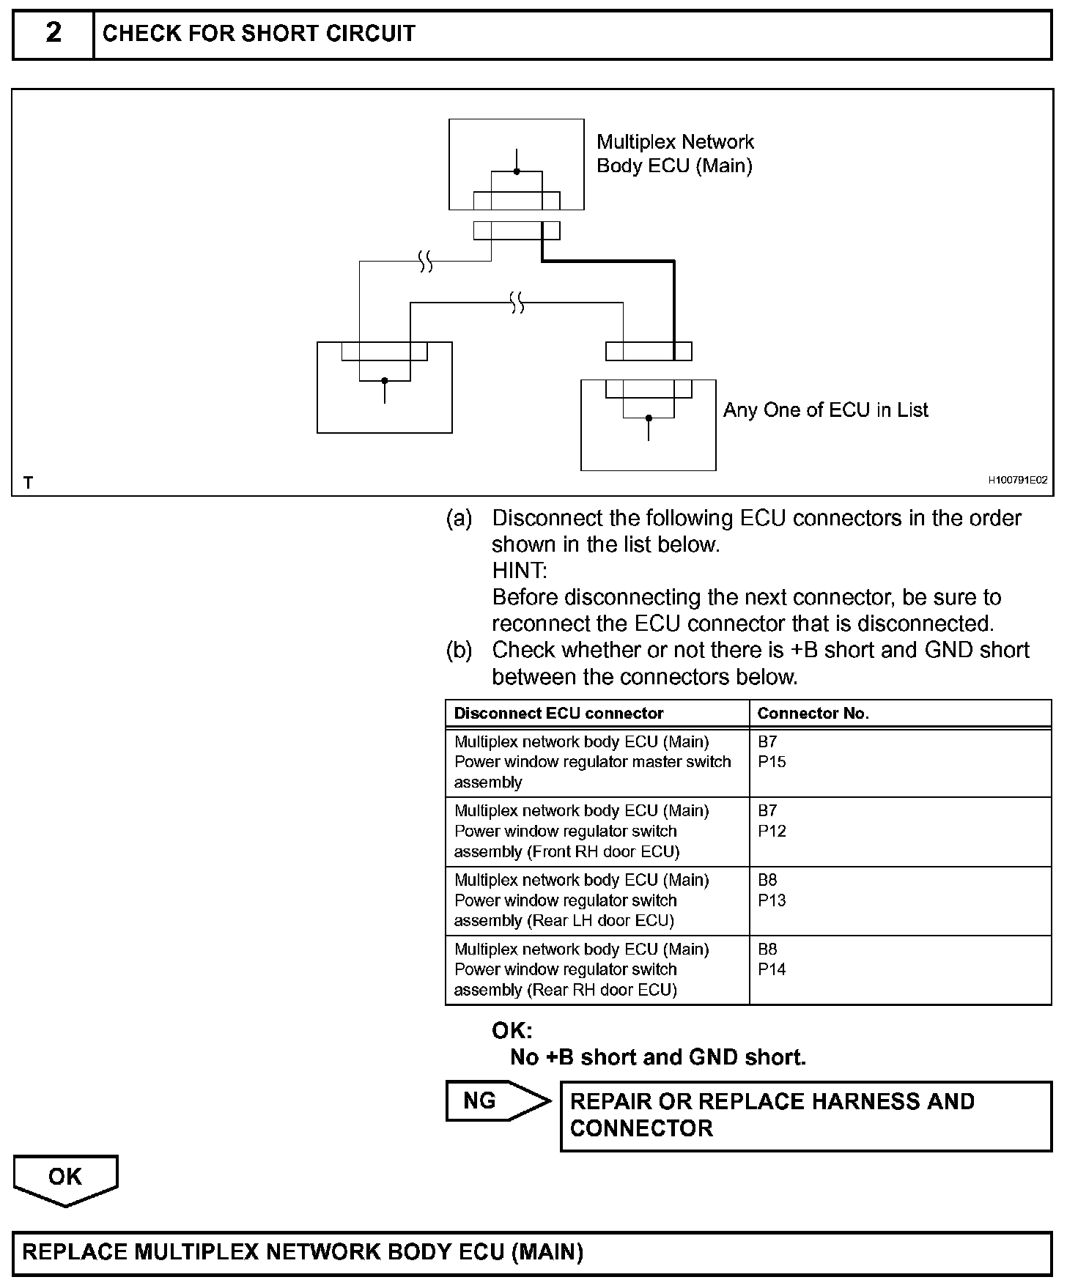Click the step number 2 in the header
[x=53, y=34]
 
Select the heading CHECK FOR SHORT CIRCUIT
[x=259, y=34]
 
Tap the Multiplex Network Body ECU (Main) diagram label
[x=675, y=153]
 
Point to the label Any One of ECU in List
[x=825, y=410]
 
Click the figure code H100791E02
[x=1017, y=481]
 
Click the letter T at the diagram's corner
[x=29, y=483]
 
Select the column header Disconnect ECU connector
[x=558, y=714]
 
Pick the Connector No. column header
[x=813, y=714]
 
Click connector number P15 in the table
[x=772, y=762]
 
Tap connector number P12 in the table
[x=772, y=831]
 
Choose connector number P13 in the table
[x=772, y=900]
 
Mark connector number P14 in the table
[x=772, y=969]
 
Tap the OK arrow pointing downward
[x=65, y=1178]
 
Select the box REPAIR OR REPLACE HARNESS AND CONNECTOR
[x=805, y=1115]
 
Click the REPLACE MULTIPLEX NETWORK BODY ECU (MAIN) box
[x=532, y=1251]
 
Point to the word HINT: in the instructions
[x=519, y=571]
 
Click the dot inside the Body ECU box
[x=517, y=171]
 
